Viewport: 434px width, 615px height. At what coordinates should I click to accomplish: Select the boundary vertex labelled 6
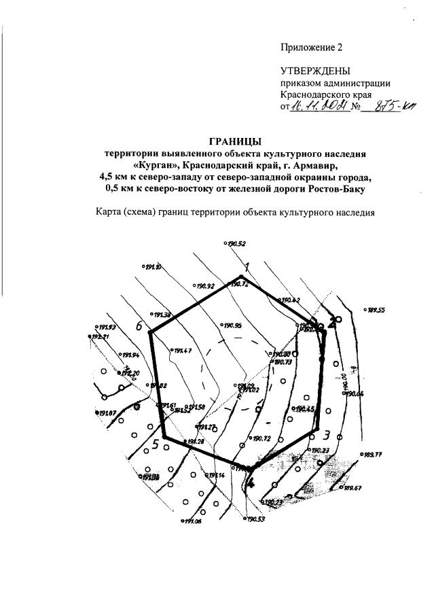point(139,326)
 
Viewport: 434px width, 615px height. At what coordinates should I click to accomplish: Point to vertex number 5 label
point(155,445)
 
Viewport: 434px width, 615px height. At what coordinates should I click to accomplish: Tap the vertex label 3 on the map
point(326,436)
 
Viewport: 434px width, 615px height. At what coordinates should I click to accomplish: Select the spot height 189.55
point(376,310)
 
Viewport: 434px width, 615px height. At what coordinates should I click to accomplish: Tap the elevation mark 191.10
point(153,267)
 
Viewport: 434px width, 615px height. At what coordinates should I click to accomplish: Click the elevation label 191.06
point(192,522)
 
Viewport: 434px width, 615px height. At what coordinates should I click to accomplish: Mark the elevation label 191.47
point(183,351)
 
